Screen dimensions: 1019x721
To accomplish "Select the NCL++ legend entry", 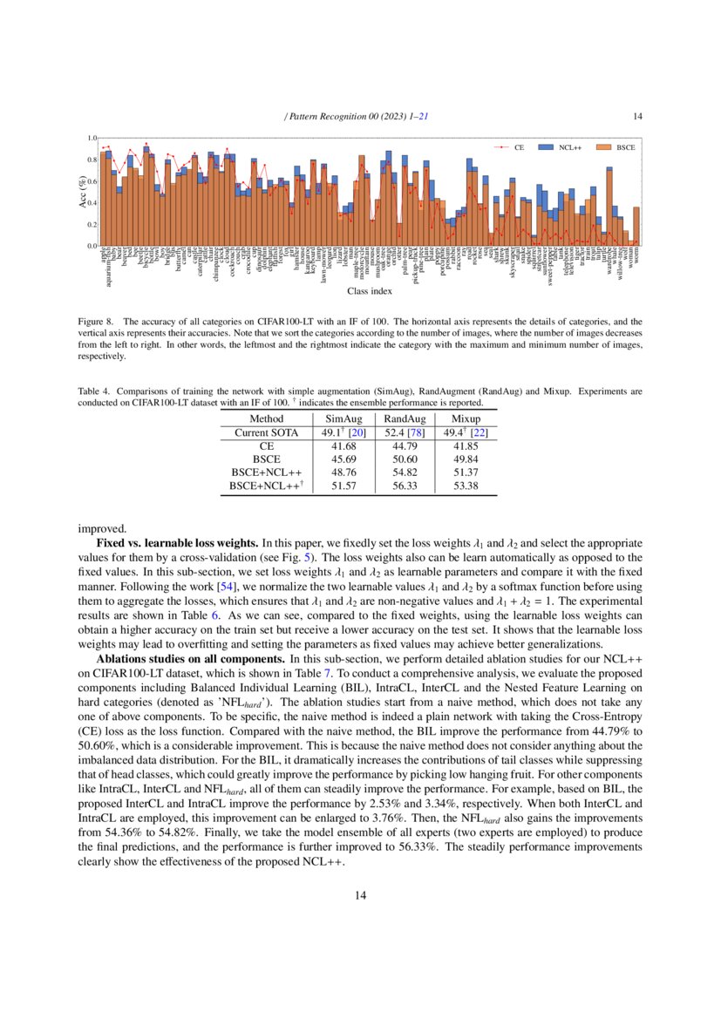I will tap(570, 148).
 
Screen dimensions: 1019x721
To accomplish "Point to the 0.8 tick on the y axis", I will tap(92, 160).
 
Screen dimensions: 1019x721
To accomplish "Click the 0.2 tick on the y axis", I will tap(92, 225).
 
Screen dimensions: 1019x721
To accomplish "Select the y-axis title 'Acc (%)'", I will tap(82, 192).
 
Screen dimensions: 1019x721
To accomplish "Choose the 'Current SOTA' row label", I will tap(266, 431).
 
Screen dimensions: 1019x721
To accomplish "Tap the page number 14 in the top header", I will tap(637, 116).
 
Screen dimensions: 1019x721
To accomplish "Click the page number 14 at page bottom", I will tap(360, 894).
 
